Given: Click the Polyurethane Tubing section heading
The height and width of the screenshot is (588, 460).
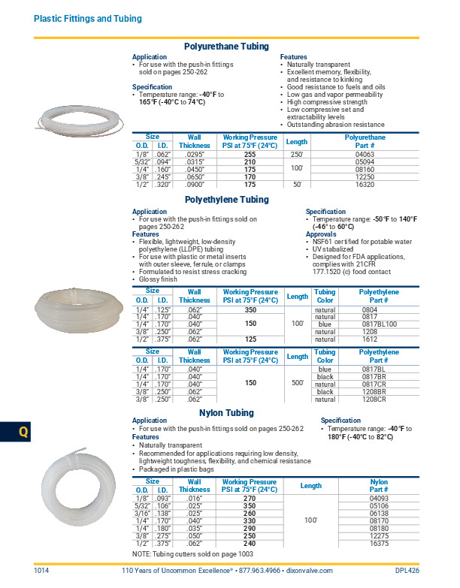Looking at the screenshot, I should pyautogui.click(x=226, y=47).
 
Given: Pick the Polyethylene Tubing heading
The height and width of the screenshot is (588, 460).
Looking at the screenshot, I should pyautogui.click(x=226, y=200).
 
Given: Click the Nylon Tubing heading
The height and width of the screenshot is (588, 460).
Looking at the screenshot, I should pyautogui.click(x=226, y=414).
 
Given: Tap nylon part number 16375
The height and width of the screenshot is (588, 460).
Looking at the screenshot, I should pyautogui.click(x=378, y=542).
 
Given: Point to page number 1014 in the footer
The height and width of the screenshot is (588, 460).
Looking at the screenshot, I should pyautogui.click(x=41, y=571).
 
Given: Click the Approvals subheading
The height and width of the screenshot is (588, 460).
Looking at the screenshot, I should pyautogui.click(x=320, y=234).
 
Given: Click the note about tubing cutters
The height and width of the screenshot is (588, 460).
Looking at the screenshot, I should pyautogui.click(x=192, y=553).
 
